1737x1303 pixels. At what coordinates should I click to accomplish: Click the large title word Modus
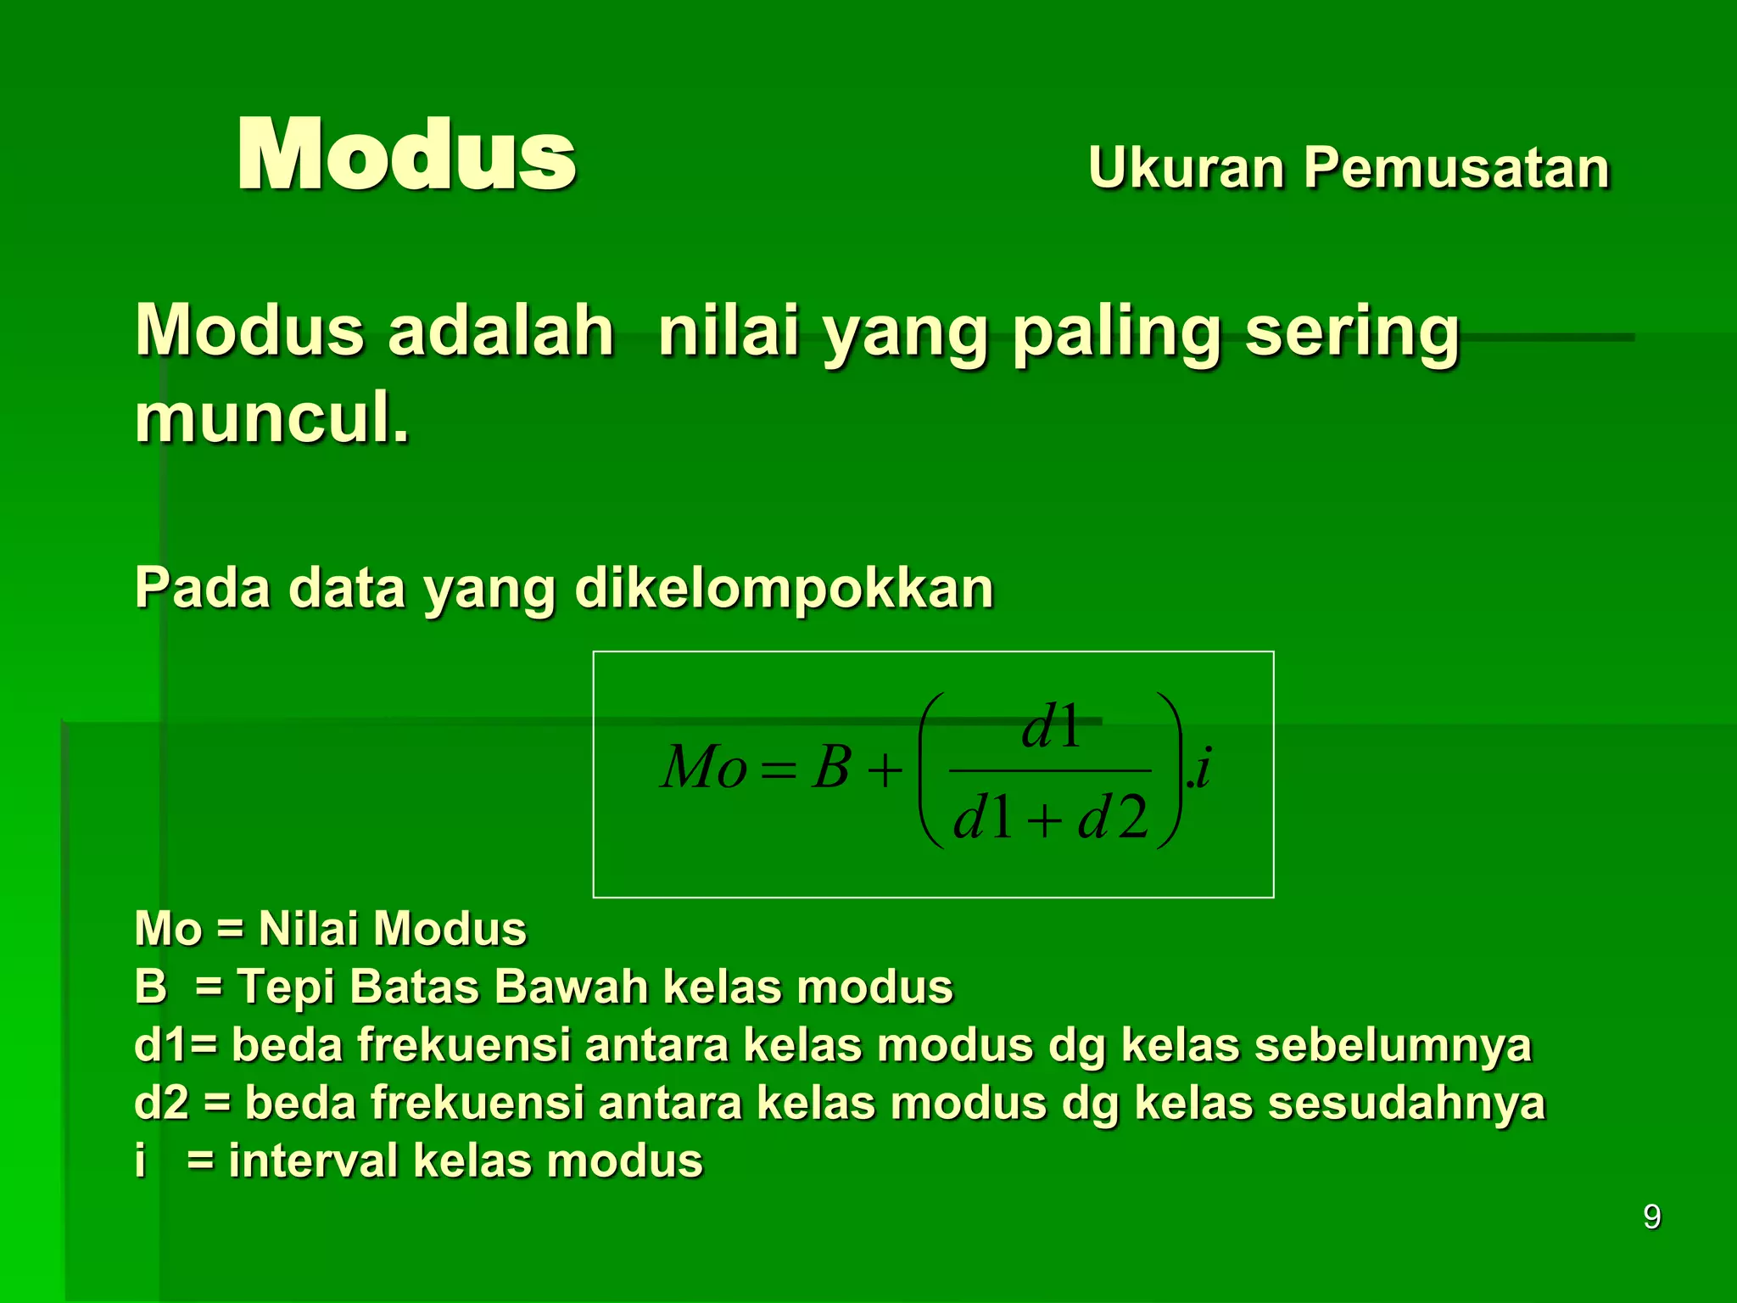tap(406, 154)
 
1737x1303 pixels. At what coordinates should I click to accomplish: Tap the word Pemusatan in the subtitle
tap(1456, 167)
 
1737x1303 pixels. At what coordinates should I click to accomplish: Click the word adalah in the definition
tap(501, 331)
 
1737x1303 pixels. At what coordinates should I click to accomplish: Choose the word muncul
tap(271, 417)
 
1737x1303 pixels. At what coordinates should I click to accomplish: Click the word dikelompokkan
tap(784, 588)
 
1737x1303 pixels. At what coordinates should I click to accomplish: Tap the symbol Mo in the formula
tap(703, 768)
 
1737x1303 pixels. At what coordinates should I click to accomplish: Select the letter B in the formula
tap(830, 768)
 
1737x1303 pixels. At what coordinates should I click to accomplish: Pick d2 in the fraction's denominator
tap(1113, 819)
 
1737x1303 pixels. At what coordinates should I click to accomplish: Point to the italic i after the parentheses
tap(1203, 768)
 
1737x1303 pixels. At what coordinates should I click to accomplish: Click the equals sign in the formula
tap(779, 771)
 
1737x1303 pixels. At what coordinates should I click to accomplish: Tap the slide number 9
tap(1651, 1216)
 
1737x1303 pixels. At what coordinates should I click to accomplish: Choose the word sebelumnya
tap(1394, 1046)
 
